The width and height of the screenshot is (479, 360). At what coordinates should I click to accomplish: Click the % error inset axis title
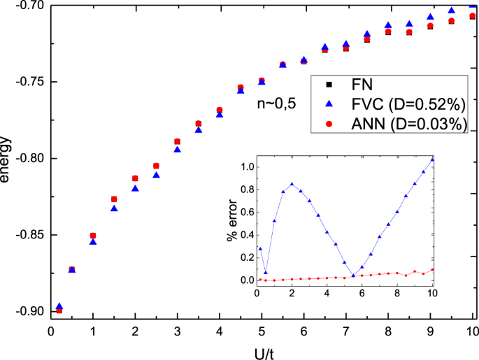[231, 222]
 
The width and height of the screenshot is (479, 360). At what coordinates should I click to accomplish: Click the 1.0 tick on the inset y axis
[245, 167]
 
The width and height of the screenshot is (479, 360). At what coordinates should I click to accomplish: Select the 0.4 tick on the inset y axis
[245, 235]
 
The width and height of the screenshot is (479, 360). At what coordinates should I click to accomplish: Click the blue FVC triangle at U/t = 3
[177, 149]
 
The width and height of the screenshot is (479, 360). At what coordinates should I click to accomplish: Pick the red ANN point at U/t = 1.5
[114, 199]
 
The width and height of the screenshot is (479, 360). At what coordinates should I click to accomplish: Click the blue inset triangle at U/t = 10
[432, 159]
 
